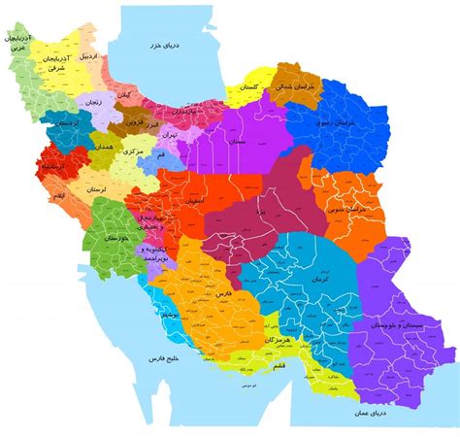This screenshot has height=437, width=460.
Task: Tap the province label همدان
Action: (104, 146)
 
